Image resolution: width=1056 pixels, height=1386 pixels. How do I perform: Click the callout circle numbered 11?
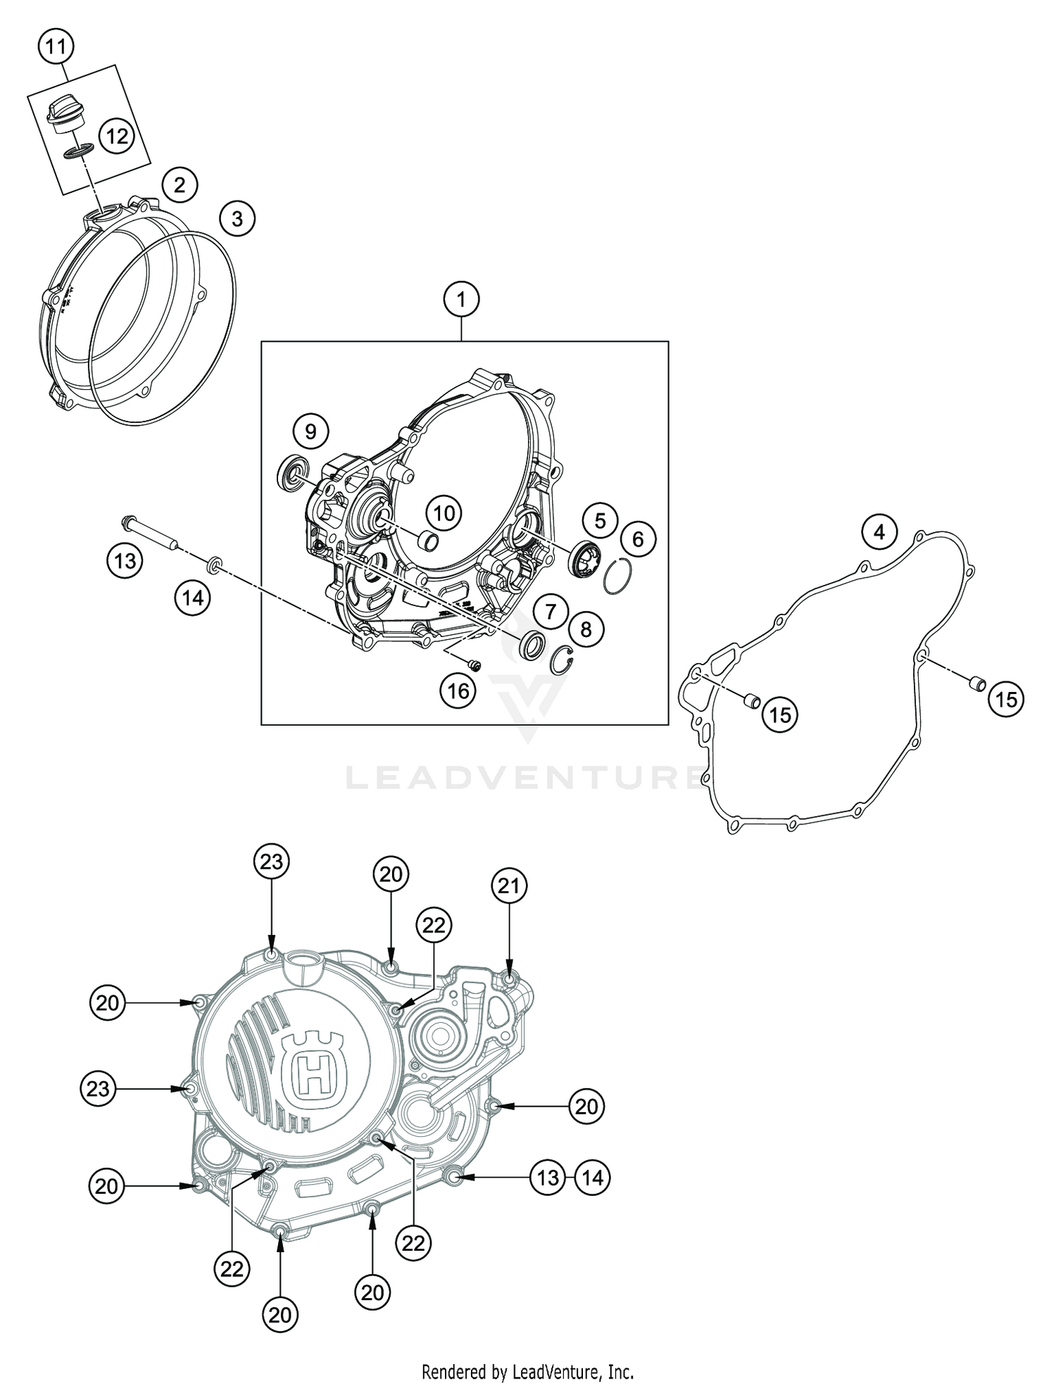(x=56, y=48)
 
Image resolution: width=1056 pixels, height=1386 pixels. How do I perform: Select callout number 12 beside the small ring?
(x=116, y=135)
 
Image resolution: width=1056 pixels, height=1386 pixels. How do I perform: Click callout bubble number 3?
(x=237, y=219)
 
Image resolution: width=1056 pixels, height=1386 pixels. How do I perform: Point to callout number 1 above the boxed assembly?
(x=461, y=301)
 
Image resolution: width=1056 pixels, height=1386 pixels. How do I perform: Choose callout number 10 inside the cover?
(x=444, y=513)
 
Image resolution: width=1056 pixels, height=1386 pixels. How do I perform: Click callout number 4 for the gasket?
(x=879, y=532)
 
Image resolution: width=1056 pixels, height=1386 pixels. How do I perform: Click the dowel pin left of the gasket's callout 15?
(x=752, y=700)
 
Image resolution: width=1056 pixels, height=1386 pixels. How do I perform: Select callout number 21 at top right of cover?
(x=509, y=886)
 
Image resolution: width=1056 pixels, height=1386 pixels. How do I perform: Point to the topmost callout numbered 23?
(x=272, y=861)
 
